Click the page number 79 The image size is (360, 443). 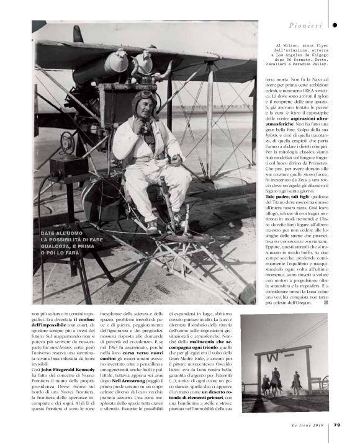[336, 425]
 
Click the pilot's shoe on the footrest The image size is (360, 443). [152, 225]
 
